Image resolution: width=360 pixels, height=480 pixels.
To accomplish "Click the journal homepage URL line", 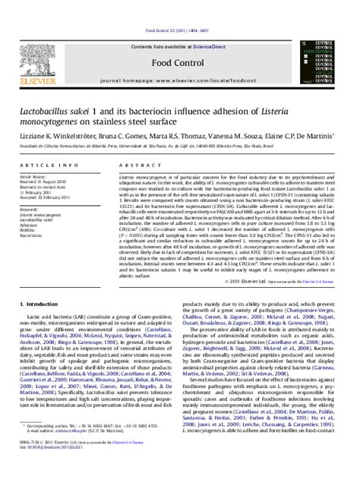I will pos(179,58).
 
